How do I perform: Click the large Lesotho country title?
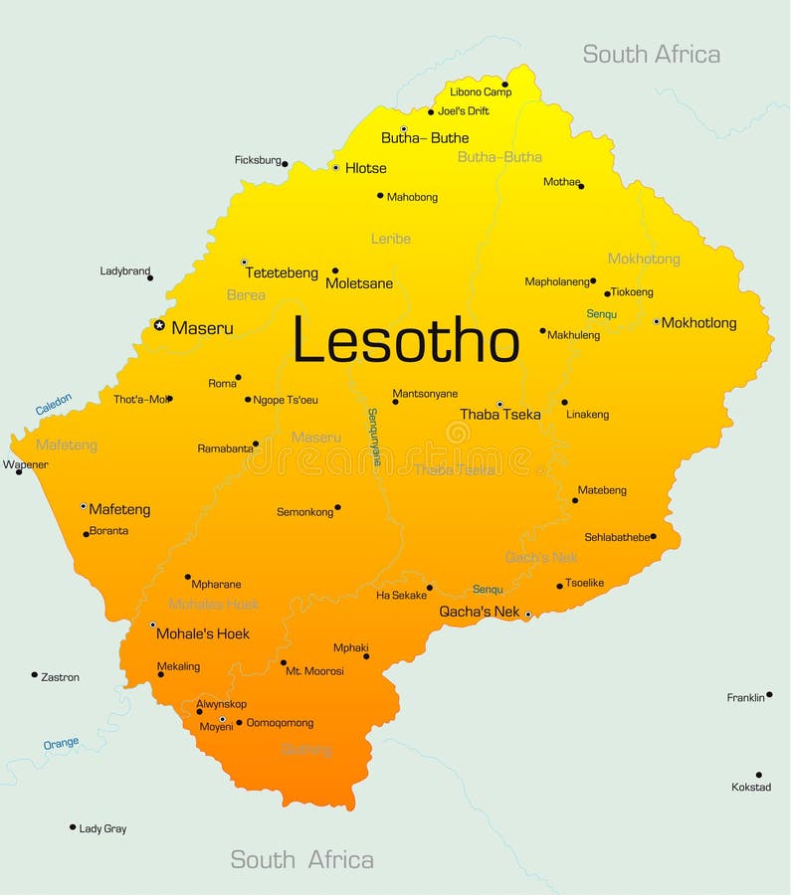pos(406,341)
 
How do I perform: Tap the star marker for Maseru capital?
pos(159,325)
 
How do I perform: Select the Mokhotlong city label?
pos(699,323)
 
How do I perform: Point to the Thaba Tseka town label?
pos(500,415)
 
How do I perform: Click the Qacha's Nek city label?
pos(480,612)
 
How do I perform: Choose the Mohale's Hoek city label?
pos(203,633)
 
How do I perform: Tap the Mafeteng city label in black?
pos(119,509)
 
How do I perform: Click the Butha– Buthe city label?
pos(425,138)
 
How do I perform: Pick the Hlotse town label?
pos(365,168)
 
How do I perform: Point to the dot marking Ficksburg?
pos(285,163)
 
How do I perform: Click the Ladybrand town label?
pos(125,270)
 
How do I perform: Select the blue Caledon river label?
pos(54,404)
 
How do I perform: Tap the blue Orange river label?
pos(61,743)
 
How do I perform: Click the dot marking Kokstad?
pos(758,775)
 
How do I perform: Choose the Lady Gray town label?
pos(102,828)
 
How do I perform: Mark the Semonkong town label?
pos(304,512)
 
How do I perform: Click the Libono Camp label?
pos(481,92)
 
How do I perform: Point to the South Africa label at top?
pos(651,55)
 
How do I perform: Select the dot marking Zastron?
pos(34,674)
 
